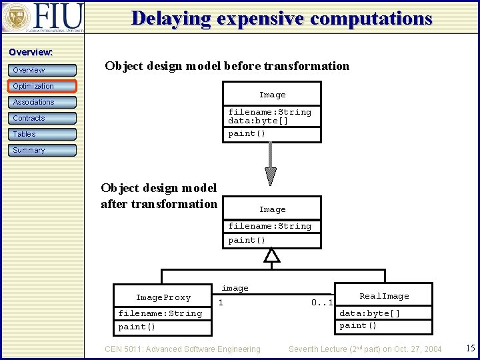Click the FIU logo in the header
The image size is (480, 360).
[43, 17]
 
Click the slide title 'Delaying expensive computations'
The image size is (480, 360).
[281, 18]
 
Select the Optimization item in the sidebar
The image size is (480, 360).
[43, 86]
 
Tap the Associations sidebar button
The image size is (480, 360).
[43, 102]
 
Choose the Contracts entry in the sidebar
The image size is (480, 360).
[43, 118]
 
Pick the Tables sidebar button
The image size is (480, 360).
[43, 134]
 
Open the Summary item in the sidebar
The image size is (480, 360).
[43, 150]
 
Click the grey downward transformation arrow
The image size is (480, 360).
[270, 163]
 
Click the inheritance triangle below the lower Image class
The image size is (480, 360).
[272, 255]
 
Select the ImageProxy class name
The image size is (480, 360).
[163, 297]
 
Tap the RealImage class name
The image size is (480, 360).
[384, 296]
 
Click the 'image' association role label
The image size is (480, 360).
[235, 288]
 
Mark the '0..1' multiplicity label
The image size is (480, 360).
[322, 303]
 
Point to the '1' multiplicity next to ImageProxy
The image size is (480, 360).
[221, 303]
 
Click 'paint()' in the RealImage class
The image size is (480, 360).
[359, 325]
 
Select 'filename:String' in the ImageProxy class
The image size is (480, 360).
[160, 313]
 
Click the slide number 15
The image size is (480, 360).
[470, 348]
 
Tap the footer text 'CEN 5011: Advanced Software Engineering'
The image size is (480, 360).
[183, 349]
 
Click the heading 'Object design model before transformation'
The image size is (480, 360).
[227, 66]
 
